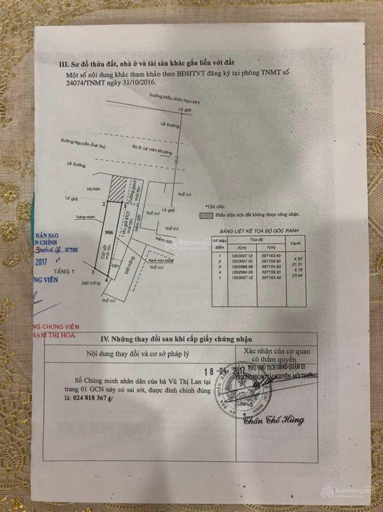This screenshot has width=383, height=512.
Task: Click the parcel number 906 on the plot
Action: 109,232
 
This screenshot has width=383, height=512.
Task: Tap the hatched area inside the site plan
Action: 118,188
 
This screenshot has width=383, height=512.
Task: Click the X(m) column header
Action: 237,248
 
